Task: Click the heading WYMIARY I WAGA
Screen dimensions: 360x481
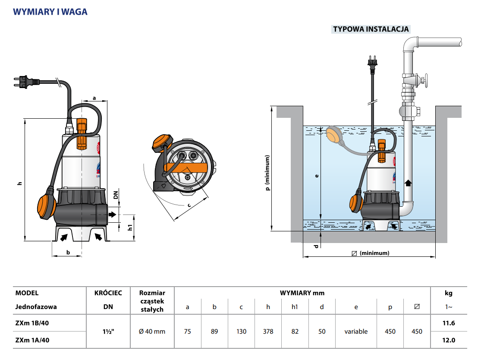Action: tap(50, 12)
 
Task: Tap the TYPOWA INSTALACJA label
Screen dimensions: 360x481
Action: tap(371, 29)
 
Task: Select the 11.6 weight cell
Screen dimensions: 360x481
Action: tap(449, 323)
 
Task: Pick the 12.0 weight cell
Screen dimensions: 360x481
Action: tap(449, 340)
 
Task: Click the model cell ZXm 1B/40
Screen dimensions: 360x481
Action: tap(32, 323)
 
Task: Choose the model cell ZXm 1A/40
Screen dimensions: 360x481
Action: tap(32, 340)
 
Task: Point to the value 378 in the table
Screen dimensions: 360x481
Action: tap(268, 332)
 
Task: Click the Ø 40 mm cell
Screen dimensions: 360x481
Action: tap(152, 332)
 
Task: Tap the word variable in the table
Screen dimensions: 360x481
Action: tap(356, 332)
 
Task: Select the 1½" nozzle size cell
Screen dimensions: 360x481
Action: tap(108, 332)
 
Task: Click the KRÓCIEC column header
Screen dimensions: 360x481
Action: tap(108, 293)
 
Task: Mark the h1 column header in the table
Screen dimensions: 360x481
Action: tap(295, 307)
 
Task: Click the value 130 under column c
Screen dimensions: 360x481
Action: tap(241, 332)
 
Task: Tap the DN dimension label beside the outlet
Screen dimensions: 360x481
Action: tap(116, 195)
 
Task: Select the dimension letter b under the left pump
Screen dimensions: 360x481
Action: tap(68, 252)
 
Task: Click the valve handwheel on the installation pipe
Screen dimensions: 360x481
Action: tap(424, 81)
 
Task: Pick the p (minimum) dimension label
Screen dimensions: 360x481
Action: tap(268, 173)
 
